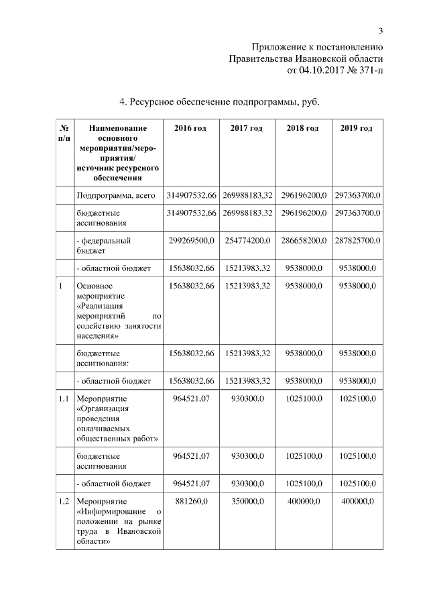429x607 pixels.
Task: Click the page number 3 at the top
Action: tap(380, 31)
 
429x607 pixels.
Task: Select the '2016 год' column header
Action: tap(190, 127)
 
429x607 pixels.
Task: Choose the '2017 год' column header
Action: tap(246, 127)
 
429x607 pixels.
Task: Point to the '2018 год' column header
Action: tap(302, 127)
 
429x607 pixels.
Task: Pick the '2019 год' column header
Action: tap(357, 127)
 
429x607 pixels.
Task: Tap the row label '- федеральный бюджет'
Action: tap(104, 245)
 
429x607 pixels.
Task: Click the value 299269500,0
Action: tap(190, 240)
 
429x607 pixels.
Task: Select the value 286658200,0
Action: tap(302, 240)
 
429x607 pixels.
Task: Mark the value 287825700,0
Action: tap(357, 240)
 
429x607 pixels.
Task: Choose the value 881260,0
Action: tap(191, 501)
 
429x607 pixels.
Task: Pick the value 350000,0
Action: tap(247, 501)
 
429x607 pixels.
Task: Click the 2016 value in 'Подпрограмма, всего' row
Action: tap(190, 195)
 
